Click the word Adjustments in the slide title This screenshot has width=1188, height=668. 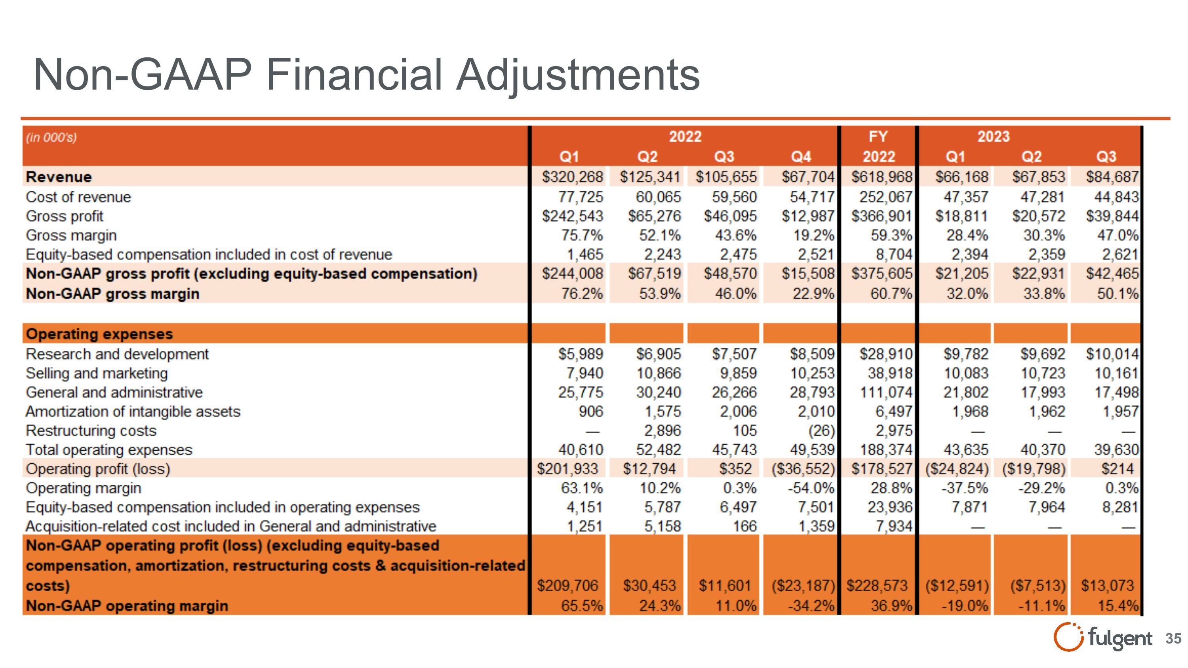[x=578, y=75]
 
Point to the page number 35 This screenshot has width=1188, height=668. [x=1173, y=638]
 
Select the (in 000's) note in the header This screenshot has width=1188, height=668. [x=51, y=137]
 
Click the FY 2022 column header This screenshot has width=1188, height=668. [x=879, y=147]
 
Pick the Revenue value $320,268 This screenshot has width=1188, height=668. [x=572, y=177]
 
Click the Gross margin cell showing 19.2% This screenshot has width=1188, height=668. [x=813, y=236]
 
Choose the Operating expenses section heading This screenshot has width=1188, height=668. [x=99, y=334]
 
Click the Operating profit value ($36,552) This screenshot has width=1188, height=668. [x=803, y=469]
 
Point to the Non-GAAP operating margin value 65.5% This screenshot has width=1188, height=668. [x=582, y=606]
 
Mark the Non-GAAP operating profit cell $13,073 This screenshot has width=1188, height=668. [x=1107, y=586]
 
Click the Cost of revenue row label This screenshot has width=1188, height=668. [x=78, y=197]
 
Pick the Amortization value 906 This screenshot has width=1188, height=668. [x=591, y=412]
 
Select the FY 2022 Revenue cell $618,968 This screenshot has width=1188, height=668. [x=882, y=177]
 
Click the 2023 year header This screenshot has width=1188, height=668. [x=994, y=137]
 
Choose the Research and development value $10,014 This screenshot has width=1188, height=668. [x=1112, y=354]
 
